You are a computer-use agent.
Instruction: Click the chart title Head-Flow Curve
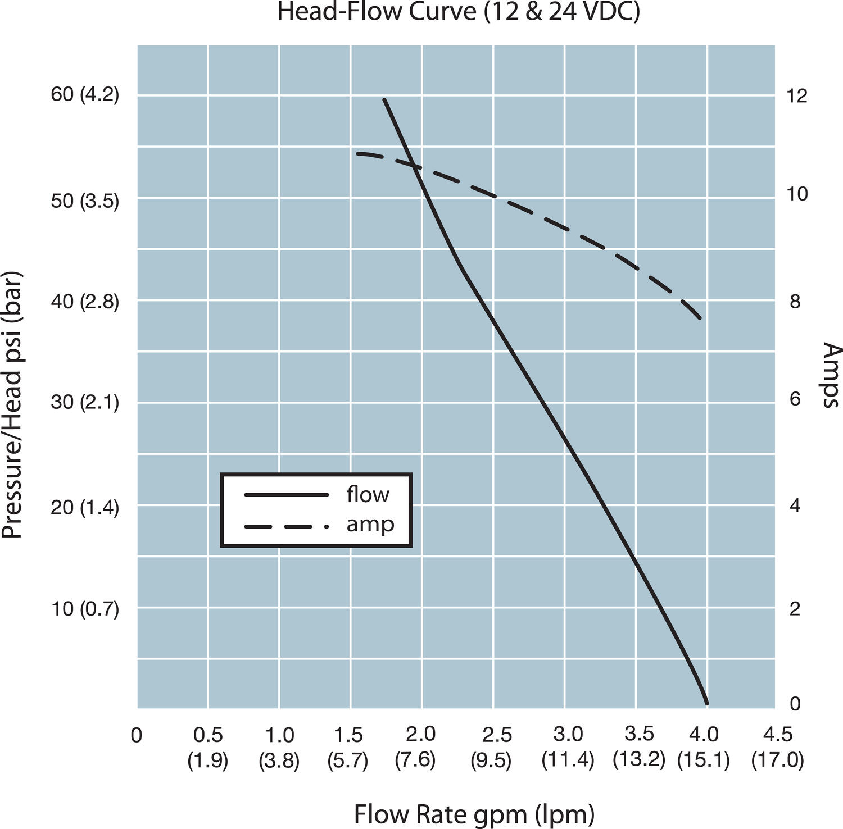(458, 12)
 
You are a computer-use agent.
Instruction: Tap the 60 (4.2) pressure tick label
(85, 94)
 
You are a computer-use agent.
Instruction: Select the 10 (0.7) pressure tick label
(85, 608)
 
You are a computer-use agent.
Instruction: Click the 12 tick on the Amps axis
(797, 96)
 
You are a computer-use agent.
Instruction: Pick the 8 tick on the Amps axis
(794, 302)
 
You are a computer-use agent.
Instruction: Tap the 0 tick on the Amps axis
(795, 703)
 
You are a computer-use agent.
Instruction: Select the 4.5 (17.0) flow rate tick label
(778, 747)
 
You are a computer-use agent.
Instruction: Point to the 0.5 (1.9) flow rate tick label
(208, 747)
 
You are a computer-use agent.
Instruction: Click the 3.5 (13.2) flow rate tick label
(639, 747)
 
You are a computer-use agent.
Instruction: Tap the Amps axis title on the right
(832, 375)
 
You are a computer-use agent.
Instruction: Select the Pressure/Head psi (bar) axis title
(12, 406)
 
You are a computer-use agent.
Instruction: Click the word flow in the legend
(368, 495)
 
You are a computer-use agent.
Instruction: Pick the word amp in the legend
(370, 525)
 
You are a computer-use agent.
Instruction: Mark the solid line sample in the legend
(286, 495)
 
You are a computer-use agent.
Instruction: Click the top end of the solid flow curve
(384, 99)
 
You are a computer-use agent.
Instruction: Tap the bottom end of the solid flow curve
(706, 703)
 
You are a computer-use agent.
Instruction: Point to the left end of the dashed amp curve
(357, 153)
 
